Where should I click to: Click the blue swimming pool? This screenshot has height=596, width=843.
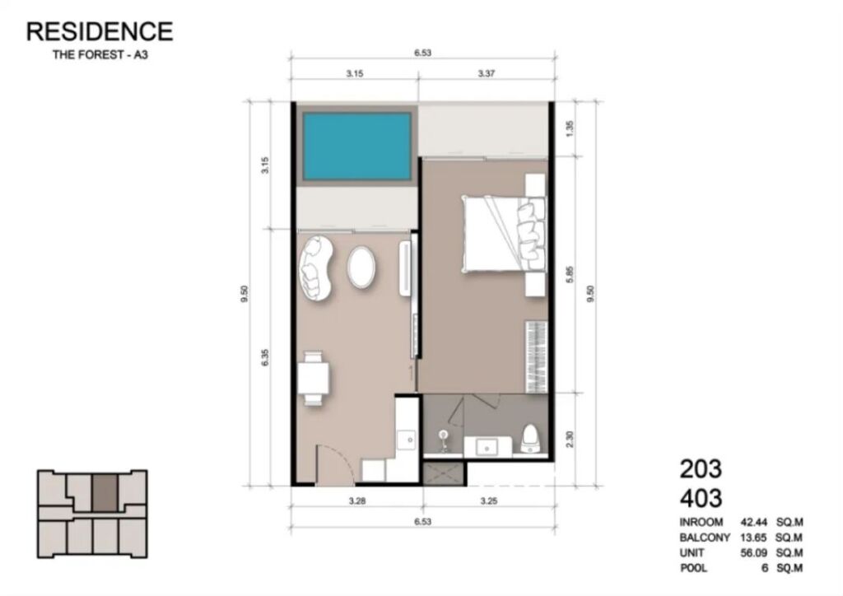[356, 147]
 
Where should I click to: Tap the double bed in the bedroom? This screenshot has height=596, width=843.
[505, 235]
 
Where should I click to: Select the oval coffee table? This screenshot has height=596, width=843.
[361, 267]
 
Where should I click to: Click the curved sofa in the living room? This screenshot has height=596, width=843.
[317, 268]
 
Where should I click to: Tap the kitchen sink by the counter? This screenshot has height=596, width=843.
[406, 440]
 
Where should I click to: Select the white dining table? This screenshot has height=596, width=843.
[314, 378]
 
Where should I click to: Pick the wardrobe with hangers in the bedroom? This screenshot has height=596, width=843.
[536, 356]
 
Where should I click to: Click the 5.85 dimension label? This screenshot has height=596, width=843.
[571, 274]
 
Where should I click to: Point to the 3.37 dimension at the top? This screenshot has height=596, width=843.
[486, 73]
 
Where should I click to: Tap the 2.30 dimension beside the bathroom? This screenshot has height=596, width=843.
[571, 439]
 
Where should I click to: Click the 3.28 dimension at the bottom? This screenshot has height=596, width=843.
[357, 501]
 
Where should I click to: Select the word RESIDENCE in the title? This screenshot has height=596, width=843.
[100, 31]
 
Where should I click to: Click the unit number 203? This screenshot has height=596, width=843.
[701, 468]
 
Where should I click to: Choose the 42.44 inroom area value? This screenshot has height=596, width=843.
[754, 522]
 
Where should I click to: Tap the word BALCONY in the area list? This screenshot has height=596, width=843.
[705, 538]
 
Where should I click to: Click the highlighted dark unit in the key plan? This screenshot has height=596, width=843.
[105, 493]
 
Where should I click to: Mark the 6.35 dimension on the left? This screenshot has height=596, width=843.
[264, 358]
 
